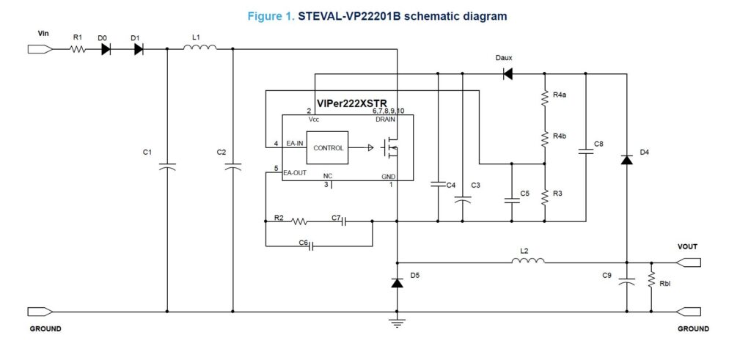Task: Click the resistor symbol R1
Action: pos(78,50)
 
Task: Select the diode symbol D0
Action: pos(106,50)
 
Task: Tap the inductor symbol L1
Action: pos(199,49)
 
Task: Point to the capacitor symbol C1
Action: pos(167,168)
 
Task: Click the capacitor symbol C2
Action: pos(232,168)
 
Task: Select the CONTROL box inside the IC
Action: pos(327,147)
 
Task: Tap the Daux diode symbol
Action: pos(506,73)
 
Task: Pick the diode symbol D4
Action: pos(626,159)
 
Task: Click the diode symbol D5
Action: pos(397,282)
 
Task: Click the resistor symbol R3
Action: pos(545,197)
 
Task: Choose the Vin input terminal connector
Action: pos(40,50)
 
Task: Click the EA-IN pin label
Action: pos(294,144)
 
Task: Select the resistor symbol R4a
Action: pos(545,97)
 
